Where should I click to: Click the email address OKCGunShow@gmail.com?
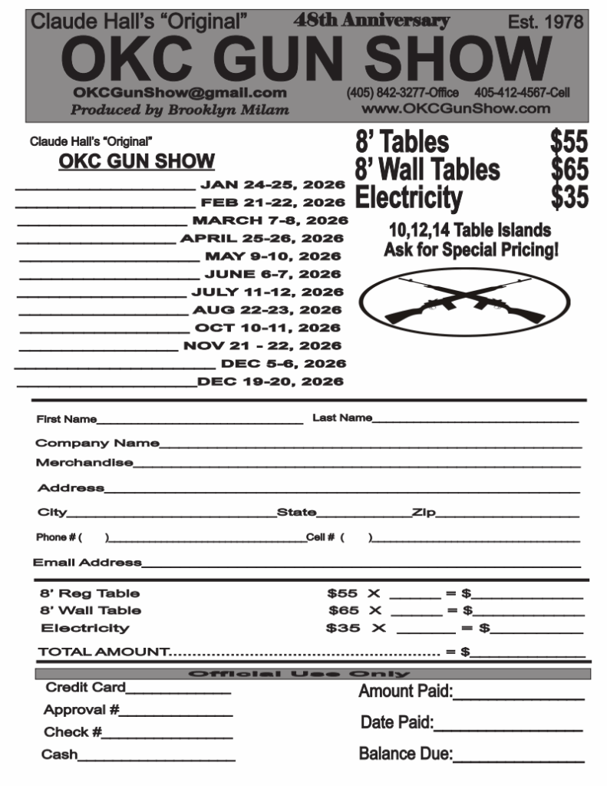coord(180,92)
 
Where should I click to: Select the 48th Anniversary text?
coord(371,21)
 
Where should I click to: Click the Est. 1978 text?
coord(546,22)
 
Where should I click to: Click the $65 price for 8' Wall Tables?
coord(569,170)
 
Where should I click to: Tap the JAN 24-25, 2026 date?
coord(272,185)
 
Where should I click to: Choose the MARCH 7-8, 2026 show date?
coord(269,221)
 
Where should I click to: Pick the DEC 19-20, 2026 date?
coord(270,381)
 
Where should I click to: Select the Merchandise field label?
coord(84,463)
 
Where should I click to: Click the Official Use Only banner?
coord(312,674)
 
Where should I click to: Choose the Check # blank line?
coord(167,735)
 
